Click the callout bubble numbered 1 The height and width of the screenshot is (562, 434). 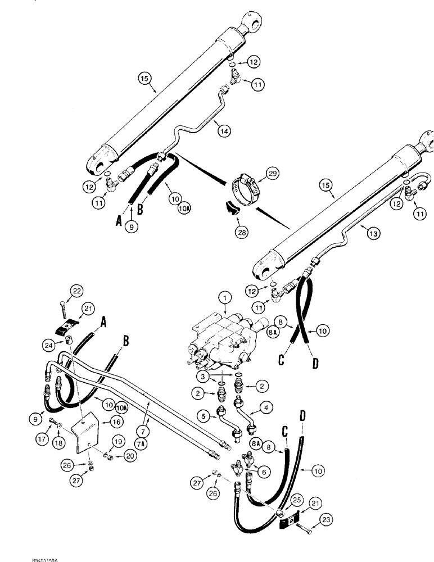(x=225, y=296)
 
